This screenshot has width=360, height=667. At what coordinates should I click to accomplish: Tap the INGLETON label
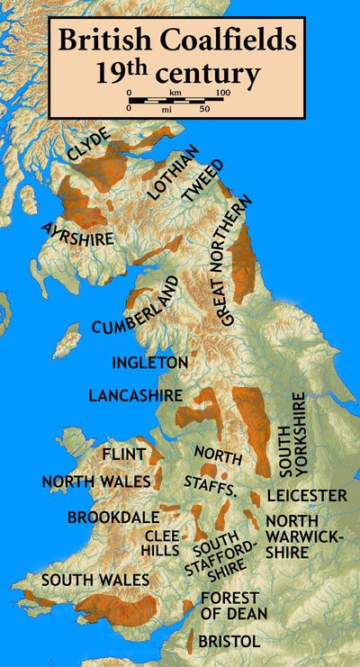[x=149, y=362]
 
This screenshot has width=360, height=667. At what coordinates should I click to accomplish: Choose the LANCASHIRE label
[x=135, y=395]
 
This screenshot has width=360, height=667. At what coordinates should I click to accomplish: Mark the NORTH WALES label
[x=96, y=482]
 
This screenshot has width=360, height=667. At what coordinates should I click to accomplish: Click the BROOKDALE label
[x=112, y=518]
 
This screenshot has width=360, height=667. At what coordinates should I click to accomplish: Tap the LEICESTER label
[x=306, y=495]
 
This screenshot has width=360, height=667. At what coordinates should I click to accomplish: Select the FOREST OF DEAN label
[x=229, y=606]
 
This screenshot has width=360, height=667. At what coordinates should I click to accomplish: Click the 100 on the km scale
[x=223, y=93]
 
